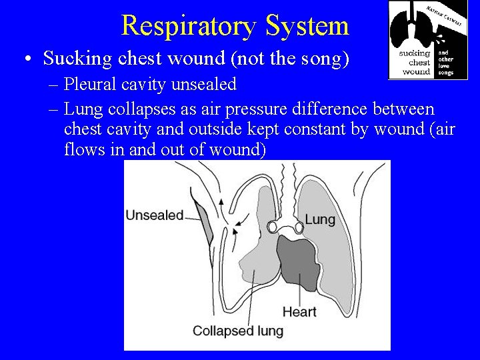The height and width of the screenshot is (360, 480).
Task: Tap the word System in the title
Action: click(307, 26)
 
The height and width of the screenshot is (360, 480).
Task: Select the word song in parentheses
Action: click(319, 59)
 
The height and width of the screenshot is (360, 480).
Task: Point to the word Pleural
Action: click(91, 85)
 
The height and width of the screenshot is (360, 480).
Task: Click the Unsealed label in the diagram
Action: click(154, 215)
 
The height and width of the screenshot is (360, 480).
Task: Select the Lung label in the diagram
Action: click(320, 219)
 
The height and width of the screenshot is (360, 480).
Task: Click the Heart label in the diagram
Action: click(299, 311)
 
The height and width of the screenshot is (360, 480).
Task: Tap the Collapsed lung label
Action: click(237, 331)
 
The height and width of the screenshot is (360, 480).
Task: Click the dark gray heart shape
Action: click(298, 259)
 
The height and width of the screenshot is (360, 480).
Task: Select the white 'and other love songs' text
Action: click(446, 62)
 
